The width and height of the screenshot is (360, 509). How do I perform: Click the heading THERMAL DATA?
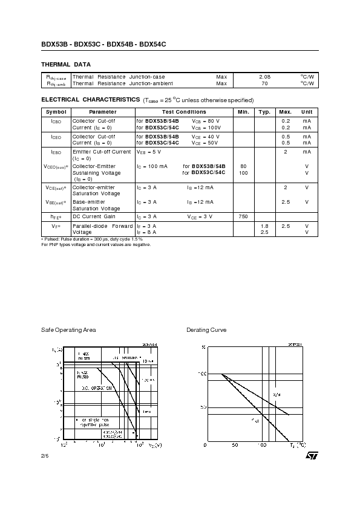click(65, 64)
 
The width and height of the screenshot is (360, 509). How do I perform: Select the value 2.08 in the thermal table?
click(264, 77)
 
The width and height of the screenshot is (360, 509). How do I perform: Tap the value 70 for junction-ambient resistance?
click(264, 83)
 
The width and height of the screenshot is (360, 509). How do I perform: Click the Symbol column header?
click(56, 112)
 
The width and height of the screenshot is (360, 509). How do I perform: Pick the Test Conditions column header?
click(184, 112)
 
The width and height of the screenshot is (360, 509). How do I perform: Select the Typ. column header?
click(264, 112)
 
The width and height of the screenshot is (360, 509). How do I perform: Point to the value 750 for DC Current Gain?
click(243, 216)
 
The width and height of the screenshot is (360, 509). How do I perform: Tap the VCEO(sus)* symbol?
click(56, 166)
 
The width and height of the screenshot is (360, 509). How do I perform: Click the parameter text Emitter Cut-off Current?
click(101, 152)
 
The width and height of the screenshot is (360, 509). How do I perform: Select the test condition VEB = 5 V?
click(149, 152)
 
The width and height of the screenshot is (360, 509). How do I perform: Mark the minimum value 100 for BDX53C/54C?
click(243, 173)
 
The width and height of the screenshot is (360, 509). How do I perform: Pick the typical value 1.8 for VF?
click(264, 226)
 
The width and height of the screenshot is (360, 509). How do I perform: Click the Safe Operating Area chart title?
click(68, 330)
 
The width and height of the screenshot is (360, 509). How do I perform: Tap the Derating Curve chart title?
click(206, 330)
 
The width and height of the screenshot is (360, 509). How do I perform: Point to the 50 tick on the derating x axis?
click(235, 445)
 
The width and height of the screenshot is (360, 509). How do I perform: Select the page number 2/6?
click(44, 455)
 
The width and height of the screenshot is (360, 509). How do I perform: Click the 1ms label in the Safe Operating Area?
click(146, 411)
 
